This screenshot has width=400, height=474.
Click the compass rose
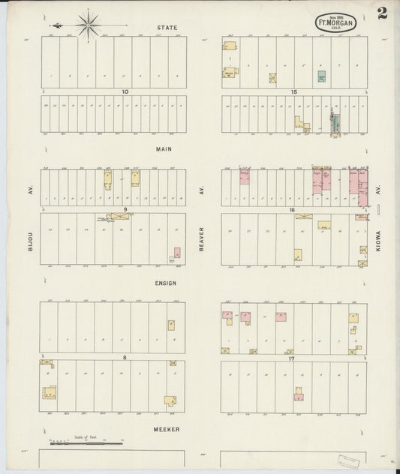pos(89,24)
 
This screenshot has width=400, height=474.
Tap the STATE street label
pos(167,28)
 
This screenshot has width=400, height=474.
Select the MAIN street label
pos(164,148)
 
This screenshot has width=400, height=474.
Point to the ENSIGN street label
pos(166,283)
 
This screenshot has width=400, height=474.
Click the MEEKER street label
pos(167,429)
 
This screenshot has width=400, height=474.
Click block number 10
pos(126,91)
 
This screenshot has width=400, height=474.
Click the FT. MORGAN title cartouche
pos(335,22)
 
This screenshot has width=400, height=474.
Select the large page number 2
pos(383,13)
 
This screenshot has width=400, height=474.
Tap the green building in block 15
pos(321,76)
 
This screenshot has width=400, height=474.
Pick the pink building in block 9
pos(177,253)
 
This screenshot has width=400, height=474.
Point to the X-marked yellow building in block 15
pos(272,77)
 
